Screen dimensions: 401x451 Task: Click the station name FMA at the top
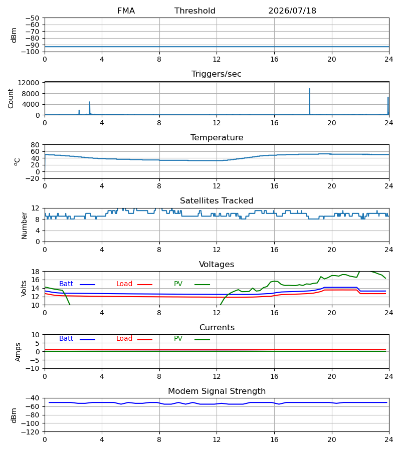(x=126, y=11)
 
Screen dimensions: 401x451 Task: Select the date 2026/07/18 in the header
(x=292, y=11)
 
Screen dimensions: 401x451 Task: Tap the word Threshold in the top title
(x=195, y=11)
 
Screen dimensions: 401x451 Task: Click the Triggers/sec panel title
(x=217, y=74)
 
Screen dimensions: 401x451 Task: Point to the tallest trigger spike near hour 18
(x=310, y=101)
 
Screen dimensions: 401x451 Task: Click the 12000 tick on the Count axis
(x=29, y=83)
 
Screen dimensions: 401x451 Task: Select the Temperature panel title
(x=217, y=137)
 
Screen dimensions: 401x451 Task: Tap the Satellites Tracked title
(x=217, y=201)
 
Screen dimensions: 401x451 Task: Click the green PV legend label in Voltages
(x=178, y=284)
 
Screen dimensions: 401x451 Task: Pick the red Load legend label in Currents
(x=124, y=339)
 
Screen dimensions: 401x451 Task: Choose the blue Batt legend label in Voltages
(x=66, y=284)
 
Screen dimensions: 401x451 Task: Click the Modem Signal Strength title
(x=217, y=391)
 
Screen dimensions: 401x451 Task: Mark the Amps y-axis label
(x=18, y=352)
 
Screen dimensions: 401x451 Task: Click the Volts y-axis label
(x=24, y=289)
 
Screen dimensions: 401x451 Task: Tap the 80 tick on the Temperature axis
(x=35, y=145)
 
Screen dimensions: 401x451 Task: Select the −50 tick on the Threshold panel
(x=32, y=18)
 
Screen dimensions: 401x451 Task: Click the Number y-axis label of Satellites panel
(x=24, y=226)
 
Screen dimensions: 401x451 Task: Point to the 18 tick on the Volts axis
(x=35, y=272)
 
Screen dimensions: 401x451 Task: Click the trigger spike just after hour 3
(x=89, y=108)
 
